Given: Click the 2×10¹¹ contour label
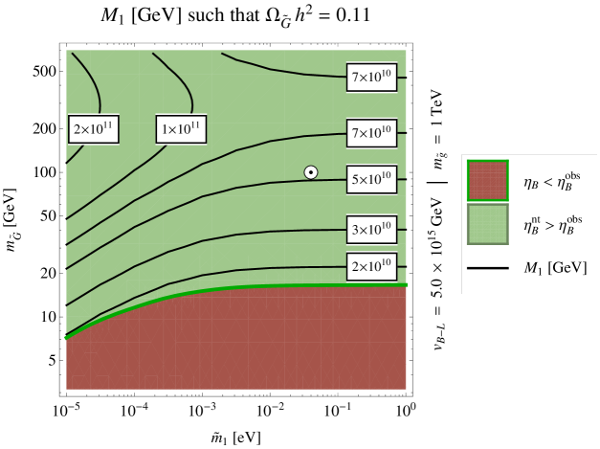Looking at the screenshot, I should pyautogui.click(x=93, y=129).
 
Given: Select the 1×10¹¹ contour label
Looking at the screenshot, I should pyautogui.click(x=181, y=129).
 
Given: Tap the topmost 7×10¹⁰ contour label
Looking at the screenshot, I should pyautogui.click(x=371, y=78).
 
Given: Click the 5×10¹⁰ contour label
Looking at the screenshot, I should pyautogui.click(x=371, y=179).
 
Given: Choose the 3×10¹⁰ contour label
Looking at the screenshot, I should pyautogui.click(x=371, y=230).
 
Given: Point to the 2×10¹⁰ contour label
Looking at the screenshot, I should pyautogui.click(x=371, y=266).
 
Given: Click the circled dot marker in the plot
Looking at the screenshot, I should pyautogui.click(x=311, y=172).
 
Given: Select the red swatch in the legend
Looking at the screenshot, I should pyautogui.click(x=487, y=180).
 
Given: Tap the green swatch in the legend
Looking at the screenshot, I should pyautogui.click(x=487, y=224).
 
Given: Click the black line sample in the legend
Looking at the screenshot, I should pyautogui.click(x=487, y=268).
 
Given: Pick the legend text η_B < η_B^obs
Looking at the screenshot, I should pyautogui.click(x=551, y=180).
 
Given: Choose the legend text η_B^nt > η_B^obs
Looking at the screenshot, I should pyautogui.click(x=551, y=224).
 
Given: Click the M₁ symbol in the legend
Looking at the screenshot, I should pyautogui.click(x=533, y=268).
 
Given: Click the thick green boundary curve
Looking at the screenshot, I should pyautogui.click(x=239, y=287).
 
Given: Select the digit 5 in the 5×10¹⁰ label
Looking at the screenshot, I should pyautogui.click(x=356, y=180).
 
